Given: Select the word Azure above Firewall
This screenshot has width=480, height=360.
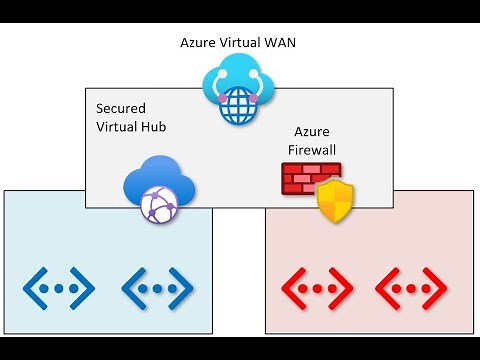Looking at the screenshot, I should (312, 132).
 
